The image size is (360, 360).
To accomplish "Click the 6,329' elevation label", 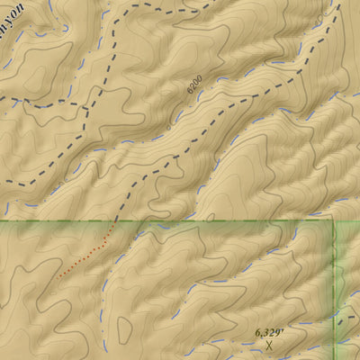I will click(x=269, y=332).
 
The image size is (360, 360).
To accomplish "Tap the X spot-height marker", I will click(x=268, y=345).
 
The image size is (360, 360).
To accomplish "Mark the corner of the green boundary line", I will click(x=335, y=220).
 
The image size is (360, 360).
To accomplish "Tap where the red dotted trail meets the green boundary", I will click(x=113, y=220).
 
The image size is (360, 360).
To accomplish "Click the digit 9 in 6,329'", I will click(x=277, y=332).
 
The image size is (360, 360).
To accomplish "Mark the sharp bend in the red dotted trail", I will click(x=105, y=241).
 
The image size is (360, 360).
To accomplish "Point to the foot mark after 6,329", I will click(x=283, y=329).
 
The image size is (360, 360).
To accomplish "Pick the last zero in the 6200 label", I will click(x=198, y=79).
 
